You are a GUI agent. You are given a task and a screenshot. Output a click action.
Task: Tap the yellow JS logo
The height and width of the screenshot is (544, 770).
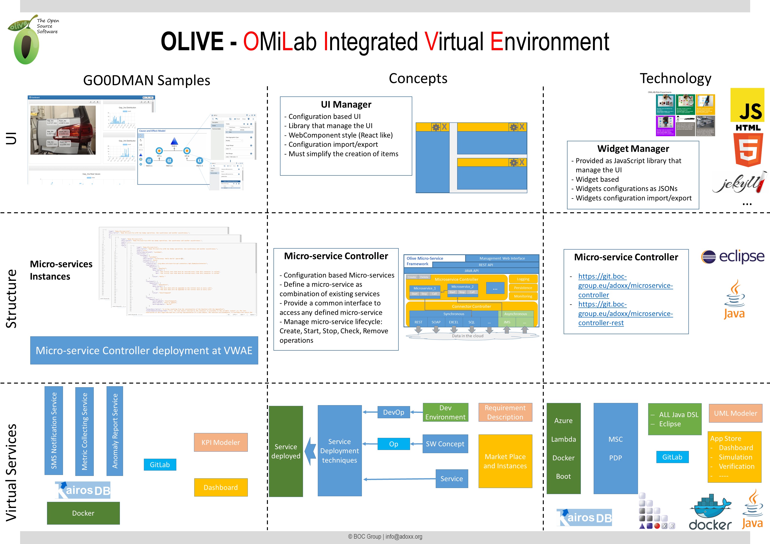click(x=747, y=105)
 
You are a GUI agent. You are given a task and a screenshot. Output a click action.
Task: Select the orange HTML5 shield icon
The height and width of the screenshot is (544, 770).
click(x=748, y=150)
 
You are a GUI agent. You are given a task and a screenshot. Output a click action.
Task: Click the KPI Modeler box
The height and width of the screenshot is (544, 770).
click(x=221, y=442)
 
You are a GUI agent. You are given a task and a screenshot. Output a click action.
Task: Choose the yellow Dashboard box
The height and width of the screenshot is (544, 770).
click(x=221, y=487)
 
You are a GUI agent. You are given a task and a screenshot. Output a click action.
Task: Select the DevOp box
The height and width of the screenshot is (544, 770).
click(x=394, y=412)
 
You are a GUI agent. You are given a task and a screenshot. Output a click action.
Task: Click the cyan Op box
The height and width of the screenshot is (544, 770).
click(x=393, y=444)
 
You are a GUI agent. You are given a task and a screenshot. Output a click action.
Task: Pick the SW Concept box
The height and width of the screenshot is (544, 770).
click(x=445, y=444)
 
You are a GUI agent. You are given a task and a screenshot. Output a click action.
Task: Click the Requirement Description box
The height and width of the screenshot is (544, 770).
click(x=505, y=412)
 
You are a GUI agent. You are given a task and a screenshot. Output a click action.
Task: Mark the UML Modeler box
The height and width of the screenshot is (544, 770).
click(x=735, y=413)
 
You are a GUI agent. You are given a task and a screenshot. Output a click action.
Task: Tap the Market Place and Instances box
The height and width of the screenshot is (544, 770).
click(x=505, y=461)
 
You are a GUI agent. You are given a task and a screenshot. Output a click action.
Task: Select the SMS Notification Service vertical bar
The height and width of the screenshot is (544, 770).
click(x=54, y=431)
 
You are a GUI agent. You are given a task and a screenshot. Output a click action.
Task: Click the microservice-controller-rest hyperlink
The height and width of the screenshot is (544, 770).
click(x=625, y=314)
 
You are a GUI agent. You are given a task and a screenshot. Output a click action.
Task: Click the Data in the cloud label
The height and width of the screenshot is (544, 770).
click(x=467, y=336)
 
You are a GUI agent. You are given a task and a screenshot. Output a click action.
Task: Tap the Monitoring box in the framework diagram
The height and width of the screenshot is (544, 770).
click(x=523, y=296)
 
